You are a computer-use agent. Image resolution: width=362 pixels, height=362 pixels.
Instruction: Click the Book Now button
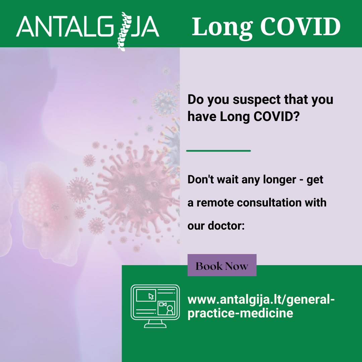tap(222, 265)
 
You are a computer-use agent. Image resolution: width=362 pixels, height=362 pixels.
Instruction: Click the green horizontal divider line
tap(218, 150)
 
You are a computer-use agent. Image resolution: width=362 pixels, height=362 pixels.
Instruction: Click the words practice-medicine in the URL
tap(240, 313)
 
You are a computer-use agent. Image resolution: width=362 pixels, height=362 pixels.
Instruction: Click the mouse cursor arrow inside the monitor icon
tap(151, 296)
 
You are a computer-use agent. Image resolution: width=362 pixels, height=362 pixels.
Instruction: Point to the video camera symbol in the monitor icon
tap(163, 304)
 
